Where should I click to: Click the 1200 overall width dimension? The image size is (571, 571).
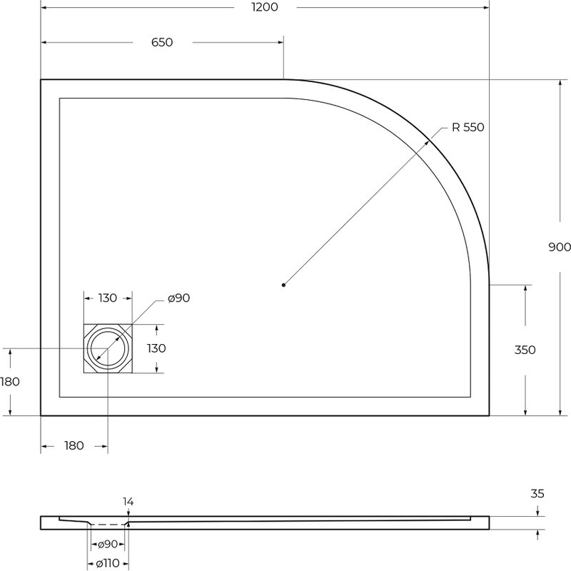265,7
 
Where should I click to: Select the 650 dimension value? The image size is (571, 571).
162,42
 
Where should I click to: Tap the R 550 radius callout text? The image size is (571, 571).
468,127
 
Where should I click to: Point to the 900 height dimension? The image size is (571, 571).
560,247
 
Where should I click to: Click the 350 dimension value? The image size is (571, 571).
525,350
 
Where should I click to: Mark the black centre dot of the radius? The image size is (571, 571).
283,285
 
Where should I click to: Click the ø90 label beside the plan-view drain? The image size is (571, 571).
179,298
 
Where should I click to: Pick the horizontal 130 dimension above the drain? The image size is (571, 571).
108,298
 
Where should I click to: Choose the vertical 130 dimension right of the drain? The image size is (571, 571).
156,348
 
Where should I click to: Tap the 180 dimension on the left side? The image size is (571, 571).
10,382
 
